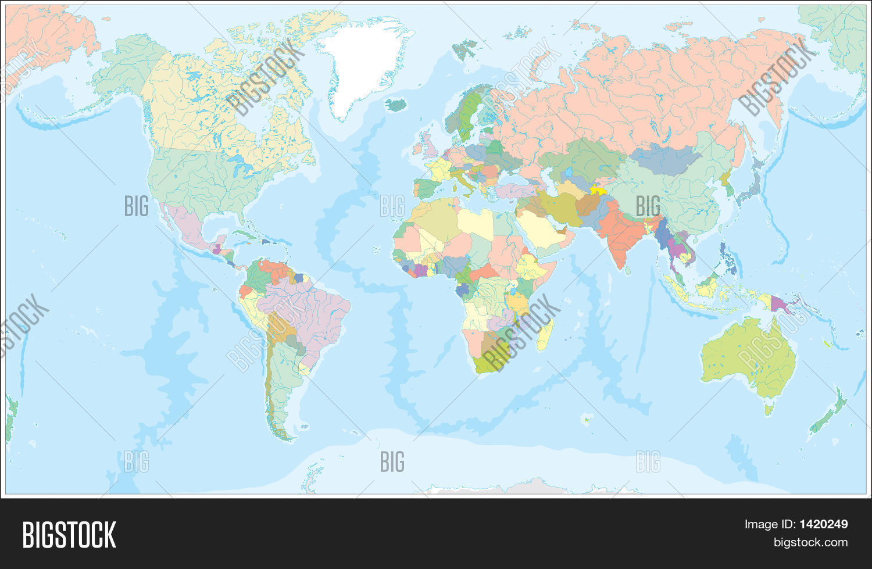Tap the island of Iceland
396,105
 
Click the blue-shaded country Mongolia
663,158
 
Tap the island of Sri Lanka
628,270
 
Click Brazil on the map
308,314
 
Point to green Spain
427,188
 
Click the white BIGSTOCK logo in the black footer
69,535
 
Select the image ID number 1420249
823,524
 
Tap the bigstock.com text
810,542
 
